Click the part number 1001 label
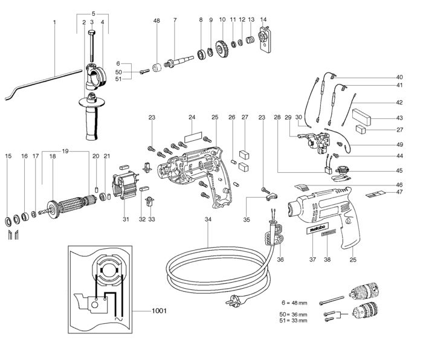(x=158, y=312)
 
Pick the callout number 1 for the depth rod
(x=54, y=22)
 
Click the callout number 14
(x=263, y=20)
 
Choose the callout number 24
(x=192, y=117)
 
